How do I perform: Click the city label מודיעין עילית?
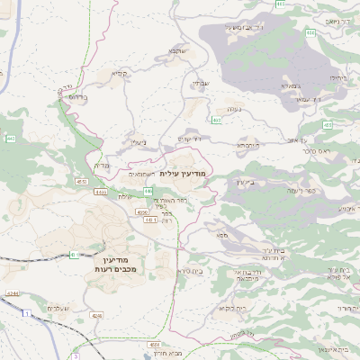click(x=183, y=172)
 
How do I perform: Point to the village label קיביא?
click(x=120, y=73)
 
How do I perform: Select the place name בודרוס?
click(x=79, y=99)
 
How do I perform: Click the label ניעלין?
click(x=139, y=142)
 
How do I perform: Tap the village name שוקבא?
click(x=176, y=52)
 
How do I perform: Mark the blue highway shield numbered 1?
click(x=27, y=312)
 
